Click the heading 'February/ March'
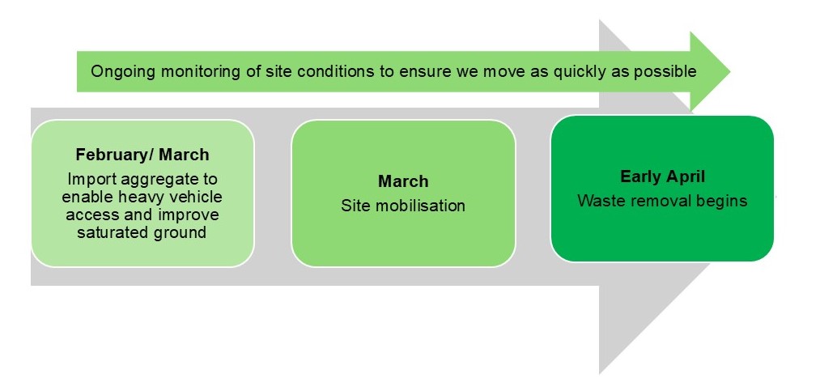coord(142,155)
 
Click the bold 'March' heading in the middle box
coord(402,181)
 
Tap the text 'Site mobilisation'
coord(402,206)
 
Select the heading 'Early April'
coord(662,176)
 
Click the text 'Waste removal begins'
coord(662,201)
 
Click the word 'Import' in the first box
coord(91,178)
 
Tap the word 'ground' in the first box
coord(183,233)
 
